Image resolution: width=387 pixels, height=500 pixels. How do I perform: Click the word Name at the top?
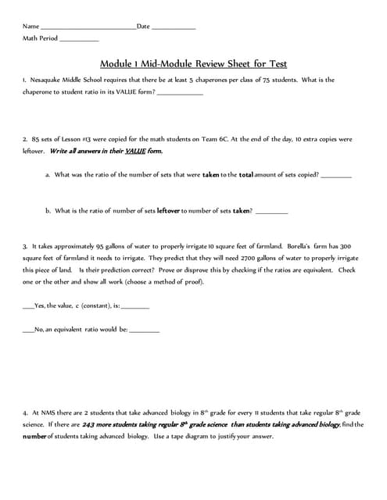point(30,27)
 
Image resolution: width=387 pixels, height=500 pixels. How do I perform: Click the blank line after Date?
point(173,28)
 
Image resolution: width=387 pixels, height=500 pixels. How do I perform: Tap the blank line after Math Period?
point(79,39)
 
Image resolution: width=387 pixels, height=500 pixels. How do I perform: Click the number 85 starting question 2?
point(36,139)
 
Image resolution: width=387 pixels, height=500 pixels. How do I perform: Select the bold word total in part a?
point(246,175)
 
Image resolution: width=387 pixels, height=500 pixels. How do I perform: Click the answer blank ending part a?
point(336,177)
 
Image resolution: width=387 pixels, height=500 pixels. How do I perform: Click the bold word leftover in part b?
point(169,210)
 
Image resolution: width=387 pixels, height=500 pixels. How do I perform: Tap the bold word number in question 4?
point(34,436)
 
